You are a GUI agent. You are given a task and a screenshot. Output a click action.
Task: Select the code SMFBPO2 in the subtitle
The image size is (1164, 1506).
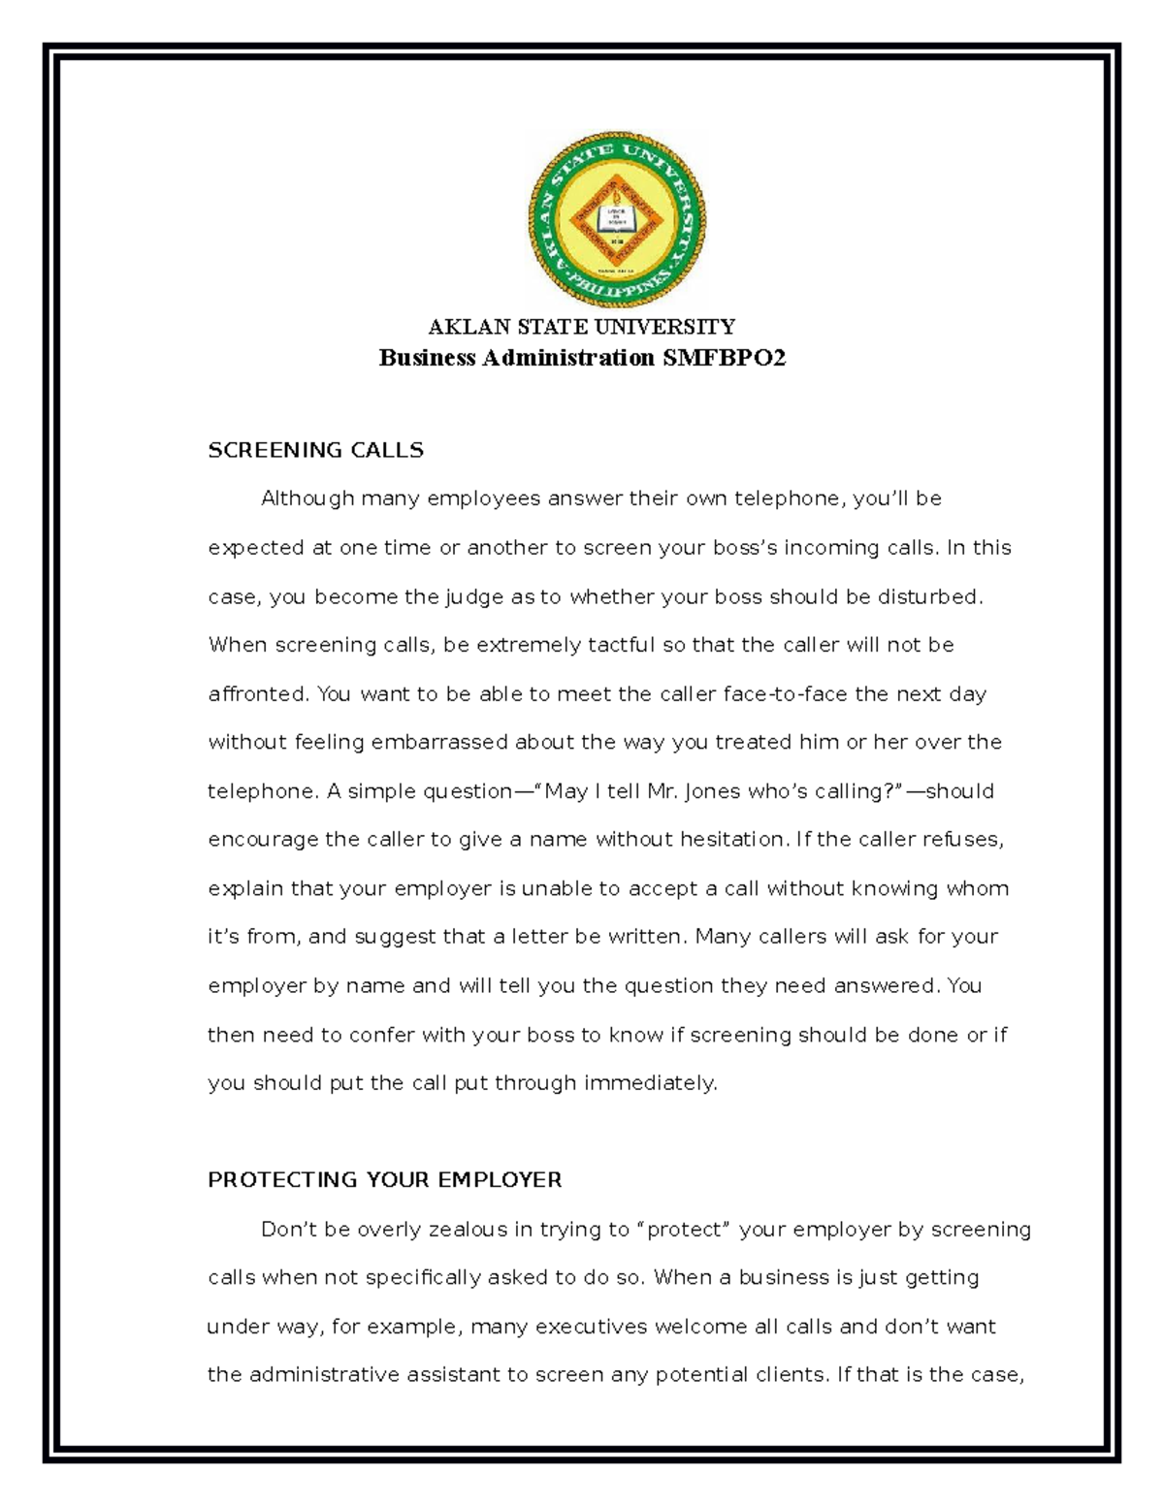pos(724,359)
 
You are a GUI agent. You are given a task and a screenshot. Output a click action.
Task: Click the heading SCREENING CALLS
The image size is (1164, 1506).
pos(315,450)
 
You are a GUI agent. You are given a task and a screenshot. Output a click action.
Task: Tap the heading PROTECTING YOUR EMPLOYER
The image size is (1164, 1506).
pos(384,1180)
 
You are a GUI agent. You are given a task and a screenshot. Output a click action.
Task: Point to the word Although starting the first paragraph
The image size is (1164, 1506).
pos(307,499)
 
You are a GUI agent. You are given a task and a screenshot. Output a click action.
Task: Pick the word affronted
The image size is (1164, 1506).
pos(257,694)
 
